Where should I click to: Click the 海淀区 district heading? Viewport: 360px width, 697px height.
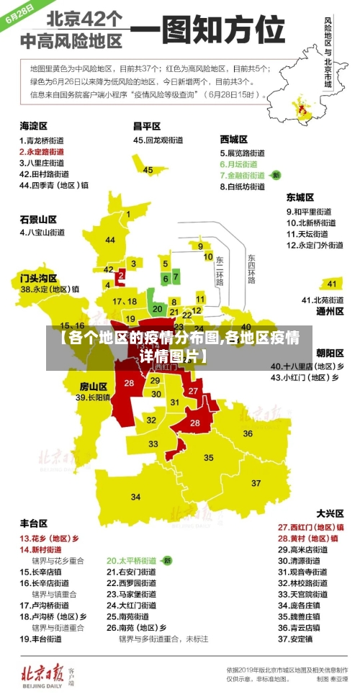[34, 125]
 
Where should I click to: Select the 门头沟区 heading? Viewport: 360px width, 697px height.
[38, 276]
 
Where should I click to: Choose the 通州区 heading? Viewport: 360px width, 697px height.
[330, 312]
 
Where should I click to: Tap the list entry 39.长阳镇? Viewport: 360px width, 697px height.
[93, 397]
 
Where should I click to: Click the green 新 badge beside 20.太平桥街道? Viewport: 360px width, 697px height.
[167, 560]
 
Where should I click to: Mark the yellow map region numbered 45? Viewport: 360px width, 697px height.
[148, 170]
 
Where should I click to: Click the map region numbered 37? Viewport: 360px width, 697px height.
[256, 482]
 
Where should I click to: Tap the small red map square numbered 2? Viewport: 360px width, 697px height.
[121, 274]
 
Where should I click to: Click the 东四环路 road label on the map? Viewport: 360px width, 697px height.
[251, 268]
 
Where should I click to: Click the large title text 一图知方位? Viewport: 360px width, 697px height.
[210, 32]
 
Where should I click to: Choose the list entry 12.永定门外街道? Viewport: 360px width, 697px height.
[315, 245]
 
